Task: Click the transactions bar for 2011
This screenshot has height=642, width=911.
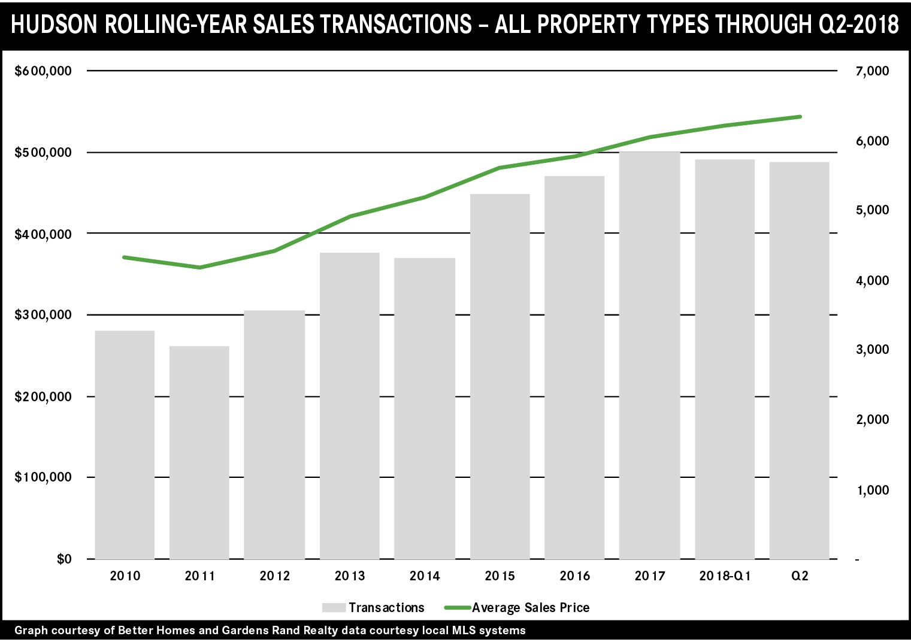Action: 199,452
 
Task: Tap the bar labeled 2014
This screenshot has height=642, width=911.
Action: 425,408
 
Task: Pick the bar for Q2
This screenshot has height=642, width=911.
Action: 800,361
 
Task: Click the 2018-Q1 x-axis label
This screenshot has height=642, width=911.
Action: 725,576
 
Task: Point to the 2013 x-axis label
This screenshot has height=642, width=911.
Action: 350,576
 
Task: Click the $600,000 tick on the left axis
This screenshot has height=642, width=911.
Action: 43,71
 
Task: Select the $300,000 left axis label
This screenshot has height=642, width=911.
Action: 43,315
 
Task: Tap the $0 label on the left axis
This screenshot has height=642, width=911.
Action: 64,559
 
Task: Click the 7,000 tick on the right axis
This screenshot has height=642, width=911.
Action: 873,71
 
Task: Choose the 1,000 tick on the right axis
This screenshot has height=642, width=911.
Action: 873,490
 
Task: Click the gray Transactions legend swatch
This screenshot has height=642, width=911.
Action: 334,608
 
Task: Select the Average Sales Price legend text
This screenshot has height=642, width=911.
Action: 531,608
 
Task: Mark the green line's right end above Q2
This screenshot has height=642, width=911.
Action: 800,117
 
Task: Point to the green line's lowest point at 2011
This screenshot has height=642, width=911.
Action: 199,267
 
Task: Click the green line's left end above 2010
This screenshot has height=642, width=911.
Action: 124,258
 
